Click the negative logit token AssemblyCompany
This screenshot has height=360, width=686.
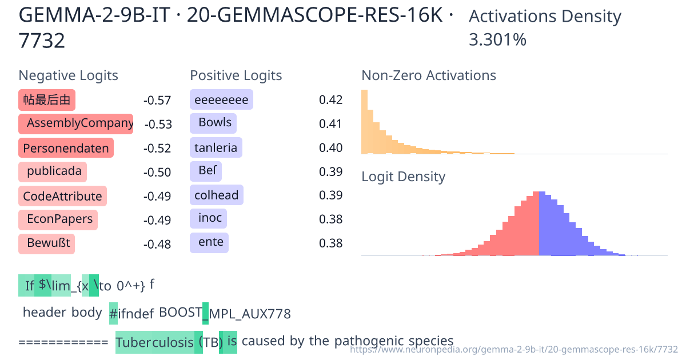click(x=75, y=124)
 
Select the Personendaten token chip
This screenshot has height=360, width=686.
click(x=66, y=149)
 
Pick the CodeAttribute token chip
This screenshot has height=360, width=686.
click(x=62, y=197)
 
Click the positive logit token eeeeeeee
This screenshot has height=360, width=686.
click(x=221, y=100)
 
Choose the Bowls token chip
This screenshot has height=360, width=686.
click(x=213, y=123)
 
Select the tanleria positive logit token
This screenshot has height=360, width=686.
click(x=216, y=148)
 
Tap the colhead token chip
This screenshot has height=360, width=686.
click(x=216, y=195)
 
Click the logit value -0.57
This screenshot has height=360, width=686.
click(x=157, y=101)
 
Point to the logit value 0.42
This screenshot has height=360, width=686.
click(x=330, y=100)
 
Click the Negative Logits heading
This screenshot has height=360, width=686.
click(x=69, y=75)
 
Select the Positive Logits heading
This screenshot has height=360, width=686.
click(x=236, y=75)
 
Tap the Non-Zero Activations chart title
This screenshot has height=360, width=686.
click(x=429, y=75)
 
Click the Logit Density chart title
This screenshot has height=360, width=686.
click(x=403, y=177)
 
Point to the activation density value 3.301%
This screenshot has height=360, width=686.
click(x=497, y=40)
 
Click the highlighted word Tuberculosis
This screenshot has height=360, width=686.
click(x=155, y=343)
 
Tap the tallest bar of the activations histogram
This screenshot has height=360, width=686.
click(x=364, y=122)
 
